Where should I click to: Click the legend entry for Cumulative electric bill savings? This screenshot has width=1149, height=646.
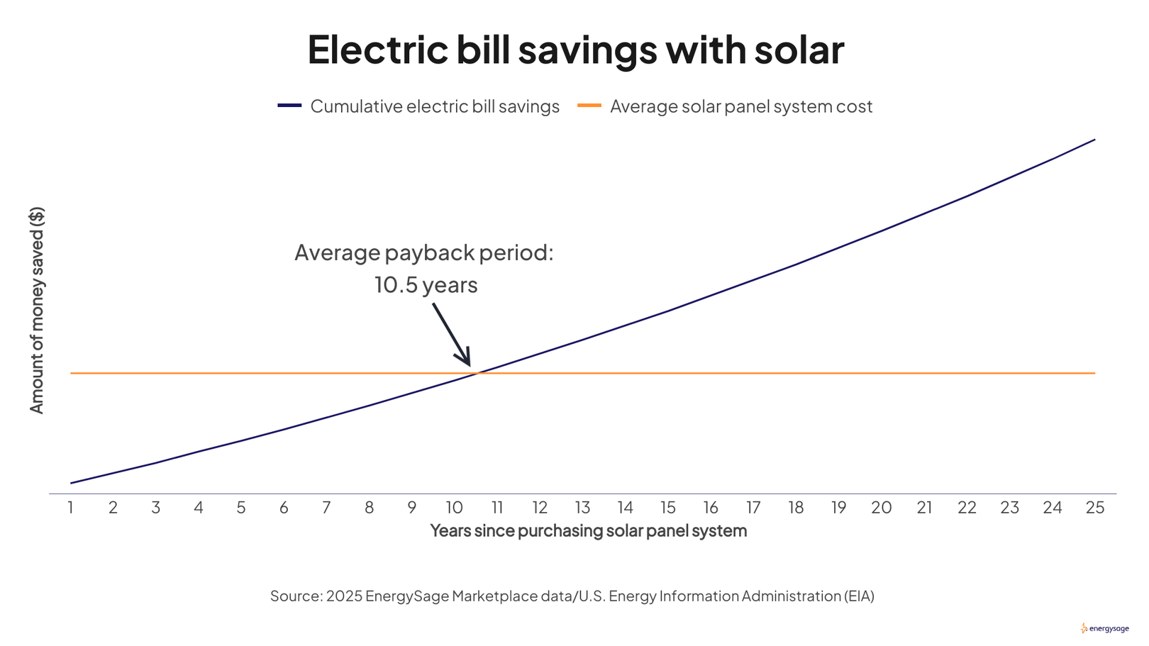(x=434, y=106)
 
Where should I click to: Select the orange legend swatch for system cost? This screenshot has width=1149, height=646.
(x=589, y=106)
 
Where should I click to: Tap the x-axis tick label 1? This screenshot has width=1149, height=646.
(x=70, y=508)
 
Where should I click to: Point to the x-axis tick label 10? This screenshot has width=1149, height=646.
(x=454, y=508)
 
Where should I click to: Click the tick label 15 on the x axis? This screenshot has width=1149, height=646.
(x=667, y=508)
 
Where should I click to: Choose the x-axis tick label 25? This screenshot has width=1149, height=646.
(x=1094, y=508)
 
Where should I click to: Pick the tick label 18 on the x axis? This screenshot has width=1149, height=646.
(x=796, y=508)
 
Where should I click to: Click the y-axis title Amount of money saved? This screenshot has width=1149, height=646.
(x=37, y=310)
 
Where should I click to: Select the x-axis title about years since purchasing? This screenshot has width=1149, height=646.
(x=588, y=530)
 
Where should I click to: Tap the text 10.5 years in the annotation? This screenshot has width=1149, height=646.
(x=426, y=285)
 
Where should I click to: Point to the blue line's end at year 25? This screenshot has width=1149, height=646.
(x=1094, y=140)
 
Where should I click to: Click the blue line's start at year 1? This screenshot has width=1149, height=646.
(x=71, y=483)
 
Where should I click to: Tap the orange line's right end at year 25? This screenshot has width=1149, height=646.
(x=1094, y=373)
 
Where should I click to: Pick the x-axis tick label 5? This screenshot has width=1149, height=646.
(x=241, y=508)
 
